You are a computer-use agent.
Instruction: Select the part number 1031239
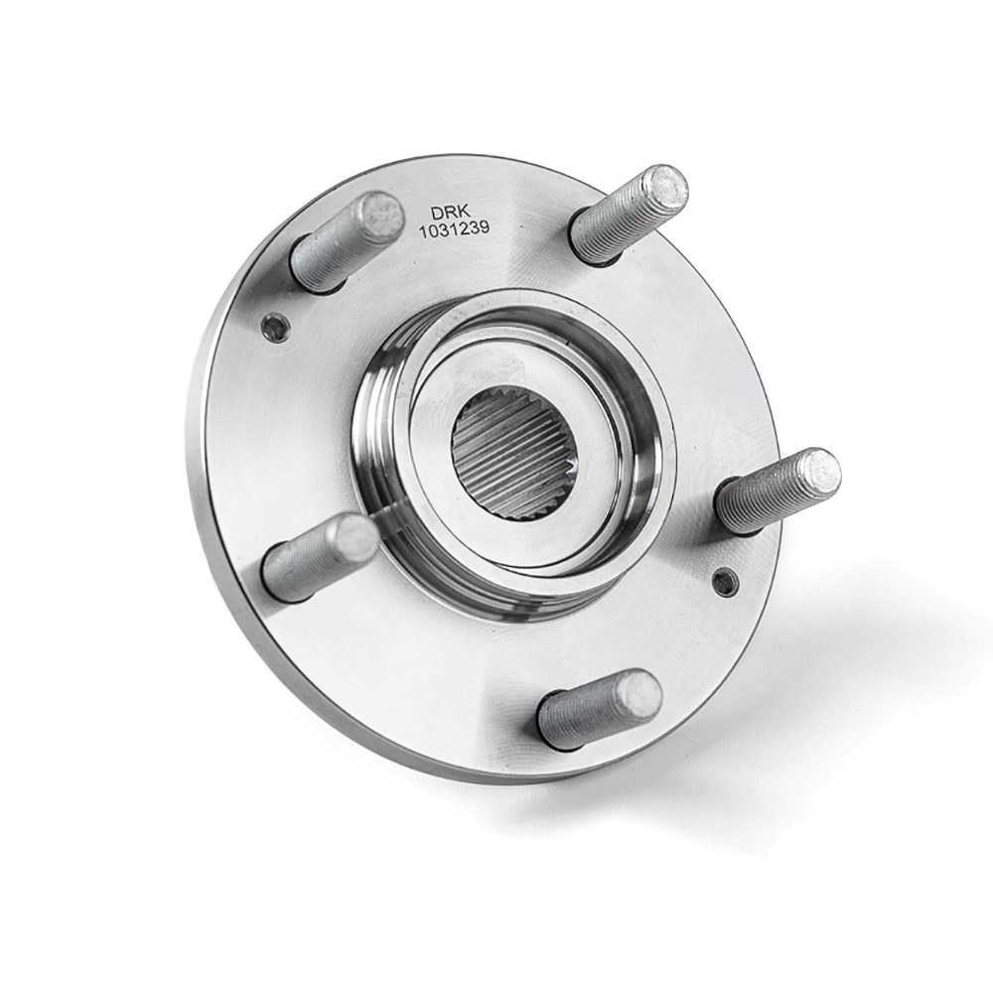pyautogui.click(x=454, y=229)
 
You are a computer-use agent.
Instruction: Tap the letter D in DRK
pyautogui.click(x=437, y=213)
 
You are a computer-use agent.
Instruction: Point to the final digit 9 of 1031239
pyautogui.click(x=485, y=227)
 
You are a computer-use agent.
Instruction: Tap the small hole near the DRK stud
pyautogui.click(x=276, y=327)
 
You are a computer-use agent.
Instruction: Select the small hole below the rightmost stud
pyautogui.click(x=726, y=581)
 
